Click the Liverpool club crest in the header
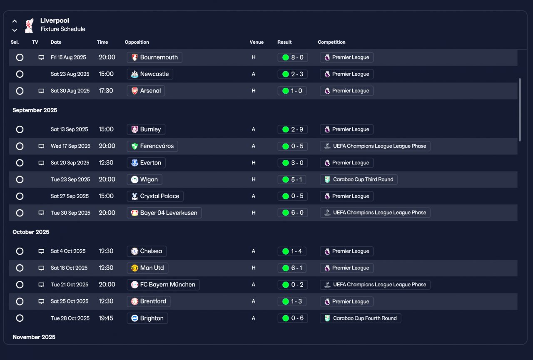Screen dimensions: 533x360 [29, 25]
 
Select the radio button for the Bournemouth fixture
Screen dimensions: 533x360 [20, 57]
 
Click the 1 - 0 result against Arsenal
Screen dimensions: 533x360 [292, 91]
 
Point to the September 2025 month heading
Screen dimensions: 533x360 [35, 110]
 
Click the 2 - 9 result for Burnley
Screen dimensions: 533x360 [293, 129]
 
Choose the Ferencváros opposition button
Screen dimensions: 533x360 [152, 146]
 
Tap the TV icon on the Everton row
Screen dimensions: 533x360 [41, 163]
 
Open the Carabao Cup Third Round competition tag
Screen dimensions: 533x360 [359, 179]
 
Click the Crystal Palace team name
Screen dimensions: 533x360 [159, 196]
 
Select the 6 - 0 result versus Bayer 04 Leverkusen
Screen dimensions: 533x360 [293, 213]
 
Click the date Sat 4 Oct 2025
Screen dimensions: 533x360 [68, 251]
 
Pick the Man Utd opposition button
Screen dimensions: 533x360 [147, 268]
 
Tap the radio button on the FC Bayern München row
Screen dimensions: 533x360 [20, 285]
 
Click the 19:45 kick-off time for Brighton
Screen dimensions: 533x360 [106, 318]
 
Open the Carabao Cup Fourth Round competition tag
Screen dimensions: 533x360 [361, 318]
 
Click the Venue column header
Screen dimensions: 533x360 [257, 42]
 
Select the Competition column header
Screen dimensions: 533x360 [331, 42]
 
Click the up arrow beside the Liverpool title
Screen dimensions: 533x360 [15, 21]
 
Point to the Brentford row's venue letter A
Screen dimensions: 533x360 [254, 301]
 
